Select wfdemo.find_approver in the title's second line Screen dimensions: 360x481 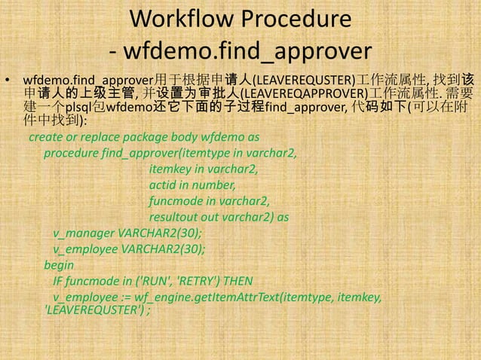pyautogui.click(x=248, y=52)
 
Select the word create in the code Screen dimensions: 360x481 pyautogui.click(x=45, y=139)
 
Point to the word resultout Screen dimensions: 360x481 pyautogui.click(x=175, y=217)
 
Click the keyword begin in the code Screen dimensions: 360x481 pyautogui.click(x=59, y=265)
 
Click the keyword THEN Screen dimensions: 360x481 pyautogui.click(x=236, y=281)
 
